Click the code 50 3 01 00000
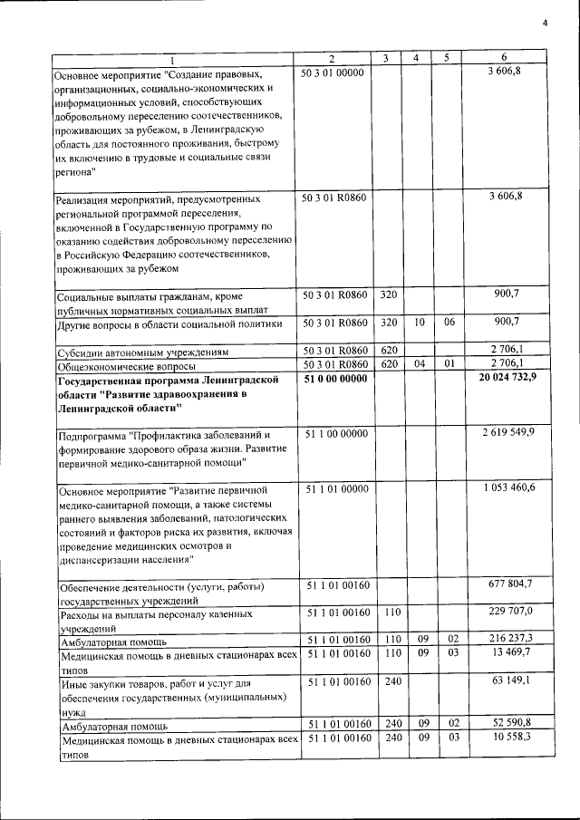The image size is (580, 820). [x=333, y=72]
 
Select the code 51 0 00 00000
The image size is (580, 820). [x=334, y=378]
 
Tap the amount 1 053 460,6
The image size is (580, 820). [x=508, y=488]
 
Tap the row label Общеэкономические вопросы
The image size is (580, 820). [x=125, y=365]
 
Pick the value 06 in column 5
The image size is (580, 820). [x=447, y=322]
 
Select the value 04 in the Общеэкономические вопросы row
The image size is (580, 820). [x=416, y=364]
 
